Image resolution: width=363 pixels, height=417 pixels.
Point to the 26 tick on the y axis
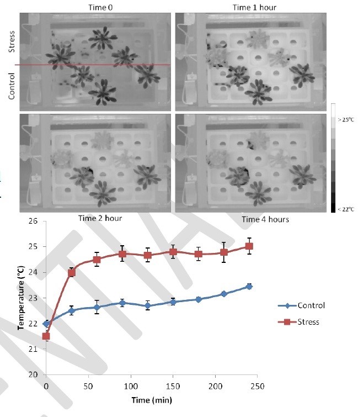tap(34, 221)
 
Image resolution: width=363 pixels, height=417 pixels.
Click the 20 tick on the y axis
tap(34, 374)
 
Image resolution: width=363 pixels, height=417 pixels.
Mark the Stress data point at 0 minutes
tap(46, 336)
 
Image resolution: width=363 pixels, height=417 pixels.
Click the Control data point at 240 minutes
tap(249, 286)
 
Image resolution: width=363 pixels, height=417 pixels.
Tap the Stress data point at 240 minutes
tap(249, 246)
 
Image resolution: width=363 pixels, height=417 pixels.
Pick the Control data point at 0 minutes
tap(46, 324)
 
